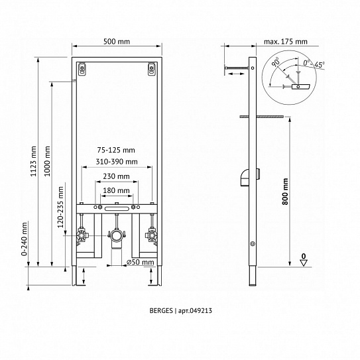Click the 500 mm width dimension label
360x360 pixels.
(117, 42)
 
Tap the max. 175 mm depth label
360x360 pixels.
(285, 42)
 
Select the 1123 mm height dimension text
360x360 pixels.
(34, 161)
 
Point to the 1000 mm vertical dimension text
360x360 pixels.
(47, 161)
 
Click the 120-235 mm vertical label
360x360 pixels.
(60, 207)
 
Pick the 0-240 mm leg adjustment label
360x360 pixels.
(24, 239)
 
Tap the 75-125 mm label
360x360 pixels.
(116, 150)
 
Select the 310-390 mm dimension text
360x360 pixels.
(117, 162)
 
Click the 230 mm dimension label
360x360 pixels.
(117, 176)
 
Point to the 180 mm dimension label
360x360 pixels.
(117, 190)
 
